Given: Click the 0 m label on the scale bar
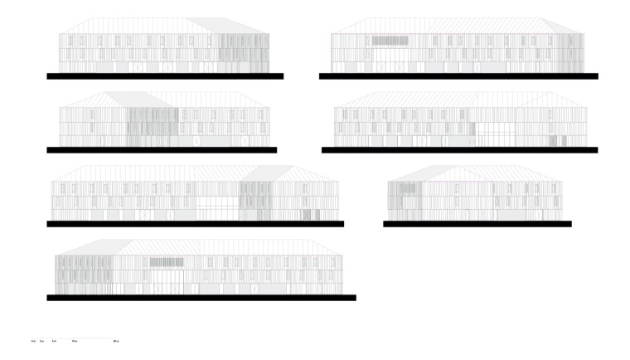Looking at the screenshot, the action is pyautogui.click(x=32, y=341).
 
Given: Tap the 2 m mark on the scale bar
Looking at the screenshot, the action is pyautogui.click(x=41, y=341).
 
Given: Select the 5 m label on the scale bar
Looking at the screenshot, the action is pyautogui.click(x=54, y=341).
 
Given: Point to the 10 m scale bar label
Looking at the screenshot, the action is pyautogui.click(x=75, y=341).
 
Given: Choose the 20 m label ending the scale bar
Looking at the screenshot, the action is pyautogui.click(x=115, y=341).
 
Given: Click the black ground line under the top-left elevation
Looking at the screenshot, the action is pyautogui.click(x=165, y=76).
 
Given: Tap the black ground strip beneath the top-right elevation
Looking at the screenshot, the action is pyautogui.click(x=458, y=76).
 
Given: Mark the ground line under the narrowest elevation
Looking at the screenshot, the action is pyautogui.click(x=477, y=224).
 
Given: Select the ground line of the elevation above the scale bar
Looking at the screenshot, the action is pyautogui.click(x=201, y=298).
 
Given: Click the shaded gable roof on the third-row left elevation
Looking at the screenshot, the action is pyautogui.click(x=262, y=173).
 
